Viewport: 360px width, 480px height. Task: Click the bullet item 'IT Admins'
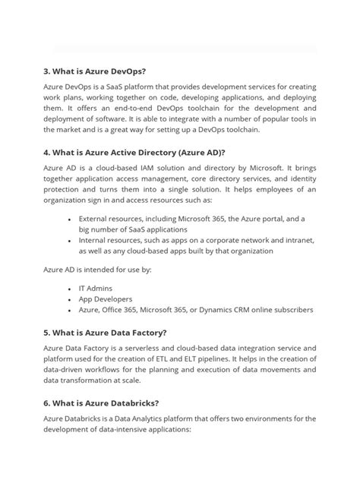point(97,289)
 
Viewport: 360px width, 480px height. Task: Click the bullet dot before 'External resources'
point(69,219)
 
